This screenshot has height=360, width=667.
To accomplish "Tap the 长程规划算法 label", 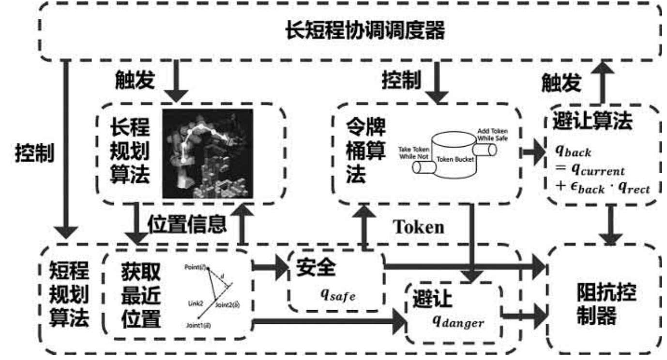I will pos(128,153).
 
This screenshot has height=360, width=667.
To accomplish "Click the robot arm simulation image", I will pos(208,153).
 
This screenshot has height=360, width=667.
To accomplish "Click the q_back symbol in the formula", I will pos(573,151).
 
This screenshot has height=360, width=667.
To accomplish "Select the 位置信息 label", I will pos(187,223).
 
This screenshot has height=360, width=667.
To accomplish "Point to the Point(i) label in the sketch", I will pos(196,268).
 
